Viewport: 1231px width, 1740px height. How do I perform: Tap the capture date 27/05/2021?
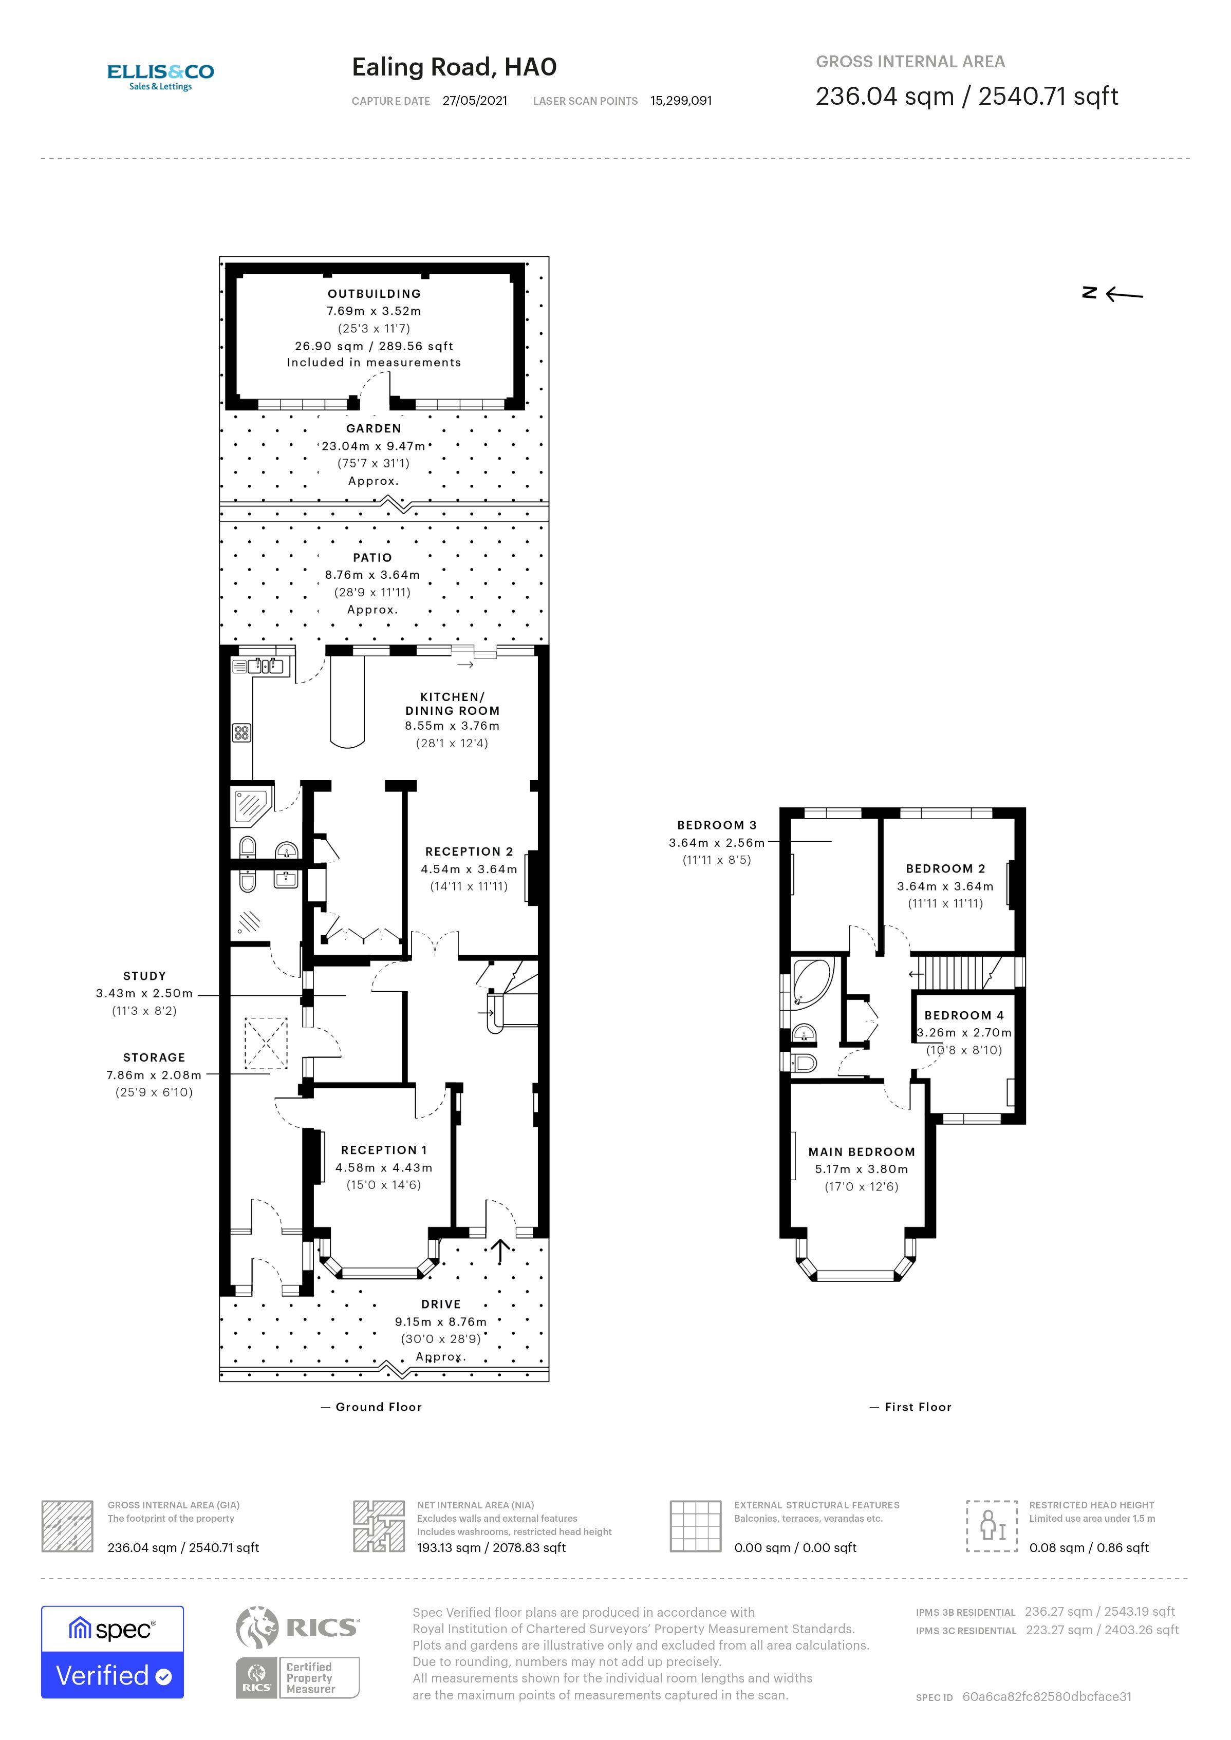click(x=475, y=101)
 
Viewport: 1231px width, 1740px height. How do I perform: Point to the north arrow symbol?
click(x=1113, y=294)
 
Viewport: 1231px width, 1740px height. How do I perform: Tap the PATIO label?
click(x=372, y=558)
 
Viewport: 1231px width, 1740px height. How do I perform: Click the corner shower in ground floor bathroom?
click(x=250, y=806)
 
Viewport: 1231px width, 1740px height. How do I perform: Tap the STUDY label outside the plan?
click(x=144, y=976)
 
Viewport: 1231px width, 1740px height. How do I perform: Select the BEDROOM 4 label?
click(x=963, y=1015)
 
